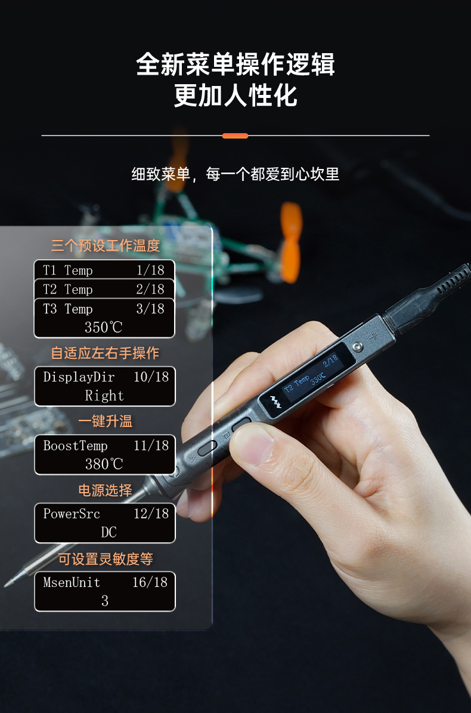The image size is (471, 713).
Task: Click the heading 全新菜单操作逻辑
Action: pyautogui.click(x=235, y=64)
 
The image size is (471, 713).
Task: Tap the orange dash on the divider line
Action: pyautogui.click(x=235, y=136)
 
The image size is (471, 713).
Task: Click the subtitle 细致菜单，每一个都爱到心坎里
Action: pyautogui.click(x=235, y=174)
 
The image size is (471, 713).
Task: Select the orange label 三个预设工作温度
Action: pyautogui.click(x=106, y=245)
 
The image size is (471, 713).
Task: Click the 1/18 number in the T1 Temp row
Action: pyautogui.click(x=150, y=270)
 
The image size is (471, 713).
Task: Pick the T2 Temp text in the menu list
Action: pyautogui.click(x=68, y=289)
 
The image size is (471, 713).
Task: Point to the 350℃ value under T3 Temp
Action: pyautogui.click(x=104, y=327)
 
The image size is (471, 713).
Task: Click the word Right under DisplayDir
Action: pyautogui.click(x=104, y=395)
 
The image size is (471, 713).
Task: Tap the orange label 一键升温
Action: pyautogui.click(x=106, y=421)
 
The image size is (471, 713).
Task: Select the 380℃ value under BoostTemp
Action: pyautogui.click(x=104, y=464)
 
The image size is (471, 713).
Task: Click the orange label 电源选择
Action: pyautogui.click(x=106, y=490)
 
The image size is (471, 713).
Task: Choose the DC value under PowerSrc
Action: pyautogui.click(x=109, y=532)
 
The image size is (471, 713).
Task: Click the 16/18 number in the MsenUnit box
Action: pyautogui.click(x=150, y=582)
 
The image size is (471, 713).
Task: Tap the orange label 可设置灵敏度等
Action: pyautogui.click(x=106, y=559)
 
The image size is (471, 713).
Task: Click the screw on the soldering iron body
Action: pyautogui.click(x=358, y=347)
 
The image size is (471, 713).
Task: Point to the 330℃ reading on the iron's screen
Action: pyautogui.click(x=318, y=378)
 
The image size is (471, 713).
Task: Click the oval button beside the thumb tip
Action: pyautogui.click(x=207, y=447)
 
